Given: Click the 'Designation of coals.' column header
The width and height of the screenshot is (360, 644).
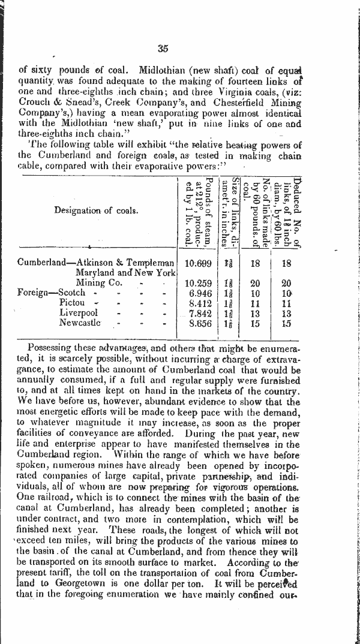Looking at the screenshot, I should (x=96, y=210).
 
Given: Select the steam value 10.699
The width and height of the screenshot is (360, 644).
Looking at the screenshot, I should (x=198, y=263).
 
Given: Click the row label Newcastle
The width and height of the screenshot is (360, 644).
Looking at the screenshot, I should (x=80, y=323).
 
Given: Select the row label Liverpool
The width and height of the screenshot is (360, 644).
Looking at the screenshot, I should (x=79, y=313).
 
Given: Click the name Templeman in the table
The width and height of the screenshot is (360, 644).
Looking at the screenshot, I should (x=152, y=263).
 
